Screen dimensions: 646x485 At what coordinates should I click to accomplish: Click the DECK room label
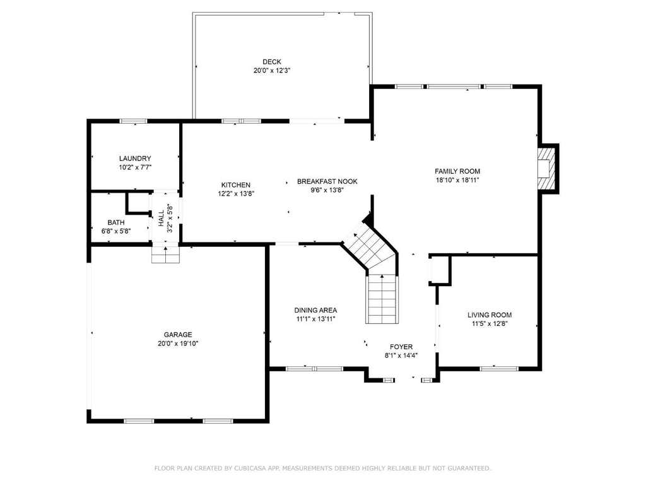coord(272,63)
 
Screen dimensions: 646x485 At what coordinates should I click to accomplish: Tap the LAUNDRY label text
coord(135,159)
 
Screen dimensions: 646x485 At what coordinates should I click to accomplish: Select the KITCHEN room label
coord(236,185)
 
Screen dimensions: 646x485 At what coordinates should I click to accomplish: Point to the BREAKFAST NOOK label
coord(327,181)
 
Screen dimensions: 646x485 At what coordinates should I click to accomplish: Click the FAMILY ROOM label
coord(457,171)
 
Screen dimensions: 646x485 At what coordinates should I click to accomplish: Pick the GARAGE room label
coord(178,335)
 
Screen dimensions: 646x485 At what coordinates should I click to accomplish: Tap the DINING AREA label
coord(315,310)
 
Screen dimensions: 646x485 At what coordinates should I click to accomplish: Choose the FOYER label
coord(401,347)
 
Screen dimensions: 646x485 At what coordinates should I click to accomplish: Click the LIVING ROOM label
coord(490,315)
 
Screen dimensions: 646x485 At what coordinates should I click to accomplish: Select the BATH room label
coord(116,223)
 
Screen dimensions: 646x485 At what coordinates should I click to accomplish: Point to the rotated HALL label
coord(161,218)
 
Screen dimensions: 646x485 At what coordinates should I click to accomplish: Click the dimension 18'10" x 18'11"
coord(457,180)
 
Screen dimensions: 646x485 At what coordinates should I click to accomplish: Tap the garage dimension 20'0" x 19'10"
coord(178,344)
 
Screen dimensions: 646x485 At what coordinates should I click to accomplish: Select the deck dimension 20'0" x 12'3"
coord(272,71)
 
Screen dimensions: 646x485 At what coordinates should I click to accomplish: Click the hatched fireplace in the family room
coord(546,168)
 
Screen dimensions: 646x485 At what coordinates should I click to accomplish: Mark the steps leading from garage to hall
coord(166,254)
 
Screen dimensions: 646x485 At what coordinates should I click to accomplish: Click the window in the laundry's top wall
coord(134,121)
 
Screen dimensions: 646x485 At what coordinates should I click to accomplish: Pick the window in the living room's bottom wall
coord(493,368)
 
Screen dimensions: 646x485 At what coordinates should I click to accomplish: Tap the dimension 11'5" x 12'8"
coord(490,324)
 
